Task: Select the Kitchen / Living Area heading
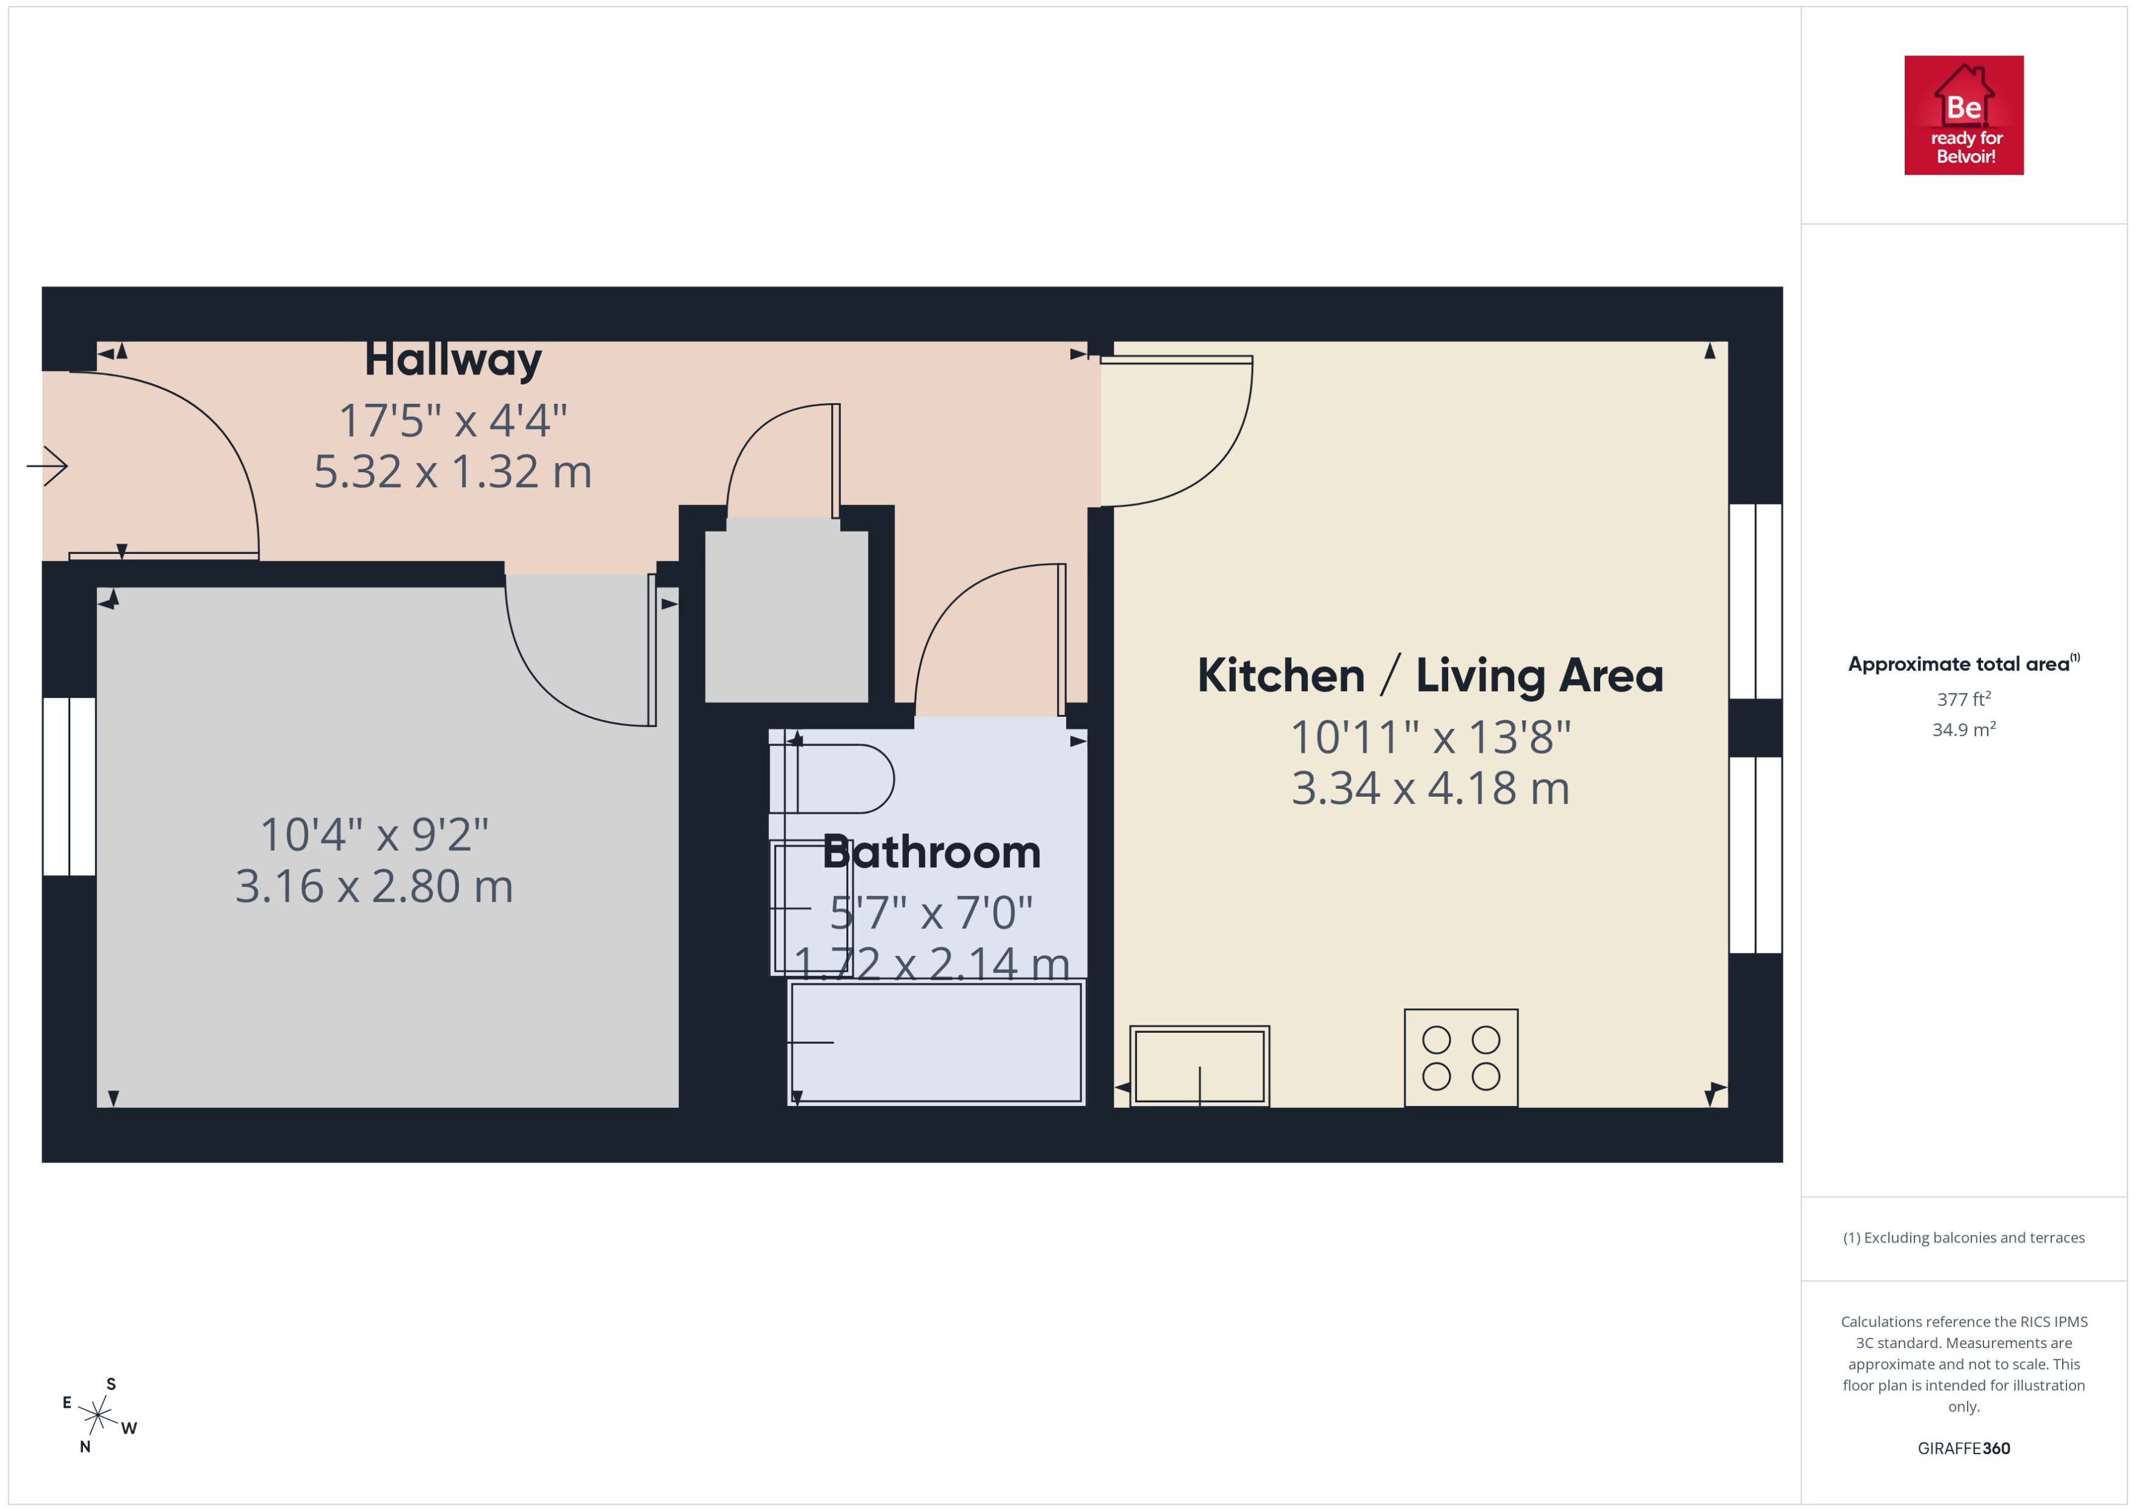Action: pos(1429,675)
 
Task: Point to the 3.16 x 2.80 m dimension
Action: pos(374,886)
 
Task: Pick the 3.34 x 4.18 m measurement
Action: pos(1429,788)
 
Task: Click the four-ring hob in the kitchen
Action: pos(1460,1058)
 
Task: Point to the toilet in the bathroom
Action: pos(831,779)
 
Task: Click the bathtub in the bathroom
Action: pos(936,1042)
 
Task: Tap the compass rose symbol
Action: pos(98,1416)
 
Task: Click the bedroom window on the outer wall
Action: pos(69,786)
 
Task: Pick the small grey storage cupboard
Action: pos(787,616)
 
